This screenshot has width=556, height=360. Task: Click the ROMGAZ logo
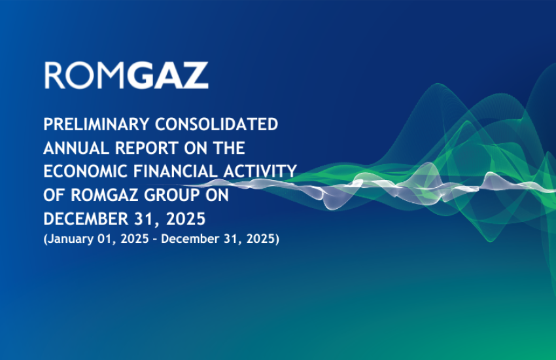pos(126,76)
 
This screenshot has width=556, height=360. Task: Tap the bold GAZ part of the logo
pos(167,76)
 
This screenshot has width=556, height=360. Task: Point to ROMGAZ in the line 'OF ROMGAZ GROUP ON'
pos(101,195)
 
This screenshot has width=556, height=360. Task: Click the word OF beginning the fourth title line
pos(53,195)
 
